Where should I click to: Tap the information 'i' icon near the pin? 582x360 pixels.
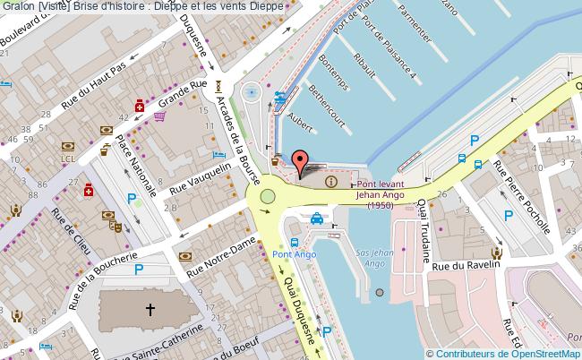[x=332, y=182]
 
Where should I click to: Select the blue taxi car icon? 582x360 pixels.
[x=317, y=218]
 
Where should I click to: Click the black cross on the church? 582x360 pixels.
[x=150, y=310]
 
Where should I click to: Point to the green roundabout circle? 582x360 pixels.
[x=267, y=197]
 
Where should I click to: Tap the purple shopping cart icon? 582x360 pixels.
[x=159, y=115]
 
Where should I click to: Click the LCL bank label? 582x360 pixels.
[x=67, y=159]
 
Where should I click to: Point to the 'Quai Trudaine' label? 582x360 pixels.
[x=420, y=229]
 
